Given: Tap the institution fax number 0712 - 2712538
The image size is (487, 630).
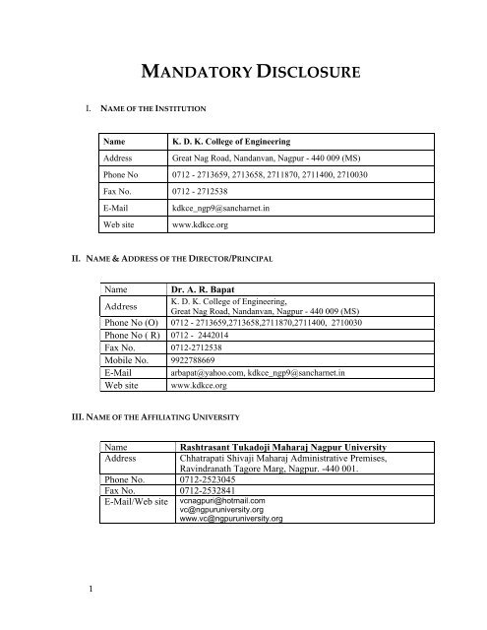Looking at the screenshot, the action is (203, 195).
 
